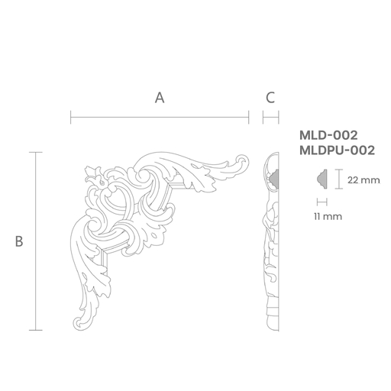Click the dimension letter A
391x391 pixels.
coord(160,98)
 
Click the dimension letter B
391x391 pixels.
coord(19,241)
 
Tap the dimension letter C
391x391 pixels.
coord(270,98)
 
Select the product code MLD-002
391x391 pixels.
coord(328,135)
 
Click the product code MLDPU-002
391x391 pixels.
coord(337,150)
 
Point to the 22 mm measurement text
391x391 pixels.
coord(364,180)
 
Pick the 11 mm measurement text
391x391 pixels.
coord(328,217)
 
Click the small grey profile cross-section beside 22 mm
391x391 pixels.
coord(322,179)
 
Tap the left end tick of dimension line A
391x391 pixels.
coord(70,118)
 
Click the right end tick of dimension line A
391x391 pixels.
coord(248,118)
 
